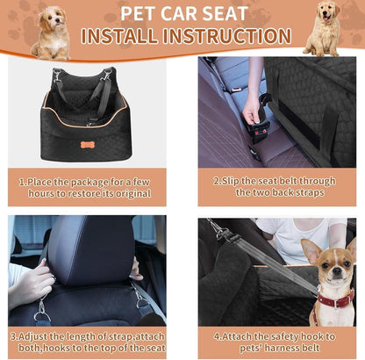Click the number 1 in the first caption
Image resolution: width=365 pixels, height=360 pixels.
point(22,182)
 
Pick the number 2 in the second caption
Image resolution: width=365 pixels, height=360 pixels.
point(214,182)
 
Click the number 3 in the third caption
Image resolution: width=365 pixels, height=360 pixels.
point(14,335)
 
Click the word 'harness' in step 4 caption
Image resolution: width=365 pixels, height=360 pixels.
point(274,349)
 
